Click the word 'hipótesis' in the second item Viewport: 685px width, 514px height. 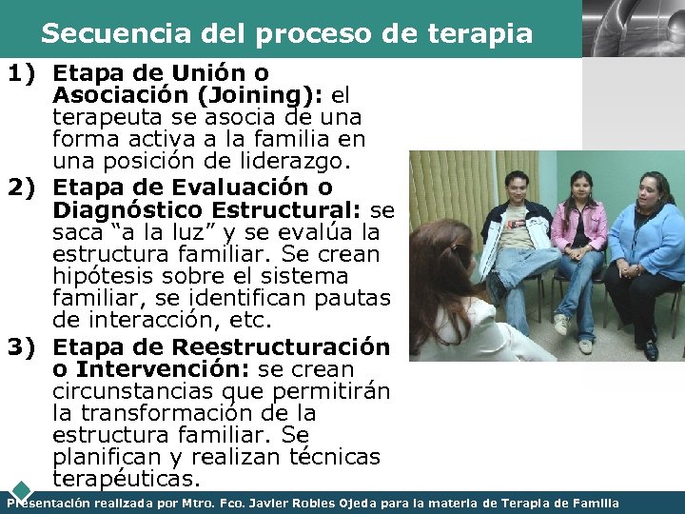101,277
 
